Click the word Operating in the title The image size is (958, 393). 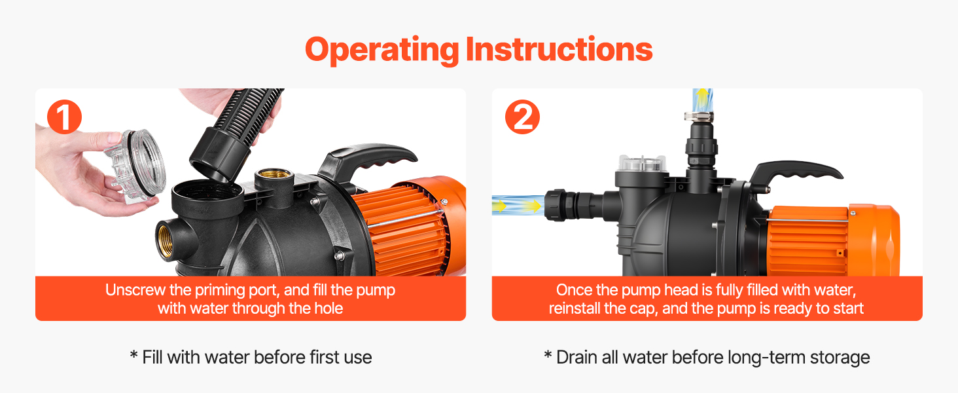click(x=382, y=50)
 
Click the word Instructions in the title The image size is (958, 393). click(x=559, y=49)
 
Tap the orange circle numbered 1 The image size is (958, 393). click(x=64, y=117)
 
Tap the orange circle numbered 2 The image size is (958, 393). click(x=522, y=117)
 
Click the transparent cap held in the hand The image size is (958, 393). click(x=136, y=165)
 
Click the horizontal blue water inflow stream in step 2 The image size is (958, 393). click(x=518, y=205)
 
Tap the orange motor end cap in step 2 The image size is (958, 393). click(x=875, y=240)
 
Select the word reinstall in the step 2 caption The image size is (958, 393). click(x=574, y=309)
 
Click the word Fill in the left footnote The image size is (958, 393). click(x=152, y=357)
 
